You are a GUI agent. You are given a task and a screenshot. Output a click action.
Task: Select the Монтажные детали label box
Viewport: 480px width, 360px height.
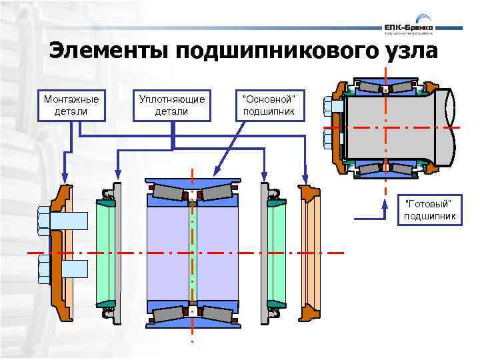(71, 105)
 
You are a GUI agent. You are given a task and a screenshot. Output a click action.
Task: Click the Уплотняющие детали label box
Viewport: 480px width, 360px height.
(171, 105)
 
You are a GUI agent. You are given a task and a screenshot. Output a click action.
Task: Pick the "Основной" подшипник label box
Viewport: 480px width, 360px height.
(269, 105)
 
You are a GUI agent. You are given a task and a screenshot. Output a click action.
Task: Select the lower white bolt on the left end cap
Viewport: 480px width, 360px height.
(63, 269)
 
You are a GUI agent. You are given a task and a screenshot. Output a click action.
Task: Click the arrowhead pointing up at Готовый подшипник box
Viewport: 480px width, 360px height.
(385, 204)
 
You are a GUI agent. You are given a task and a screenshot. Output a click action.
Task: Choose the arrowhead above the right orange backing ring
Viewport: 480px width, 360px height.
(305, 179)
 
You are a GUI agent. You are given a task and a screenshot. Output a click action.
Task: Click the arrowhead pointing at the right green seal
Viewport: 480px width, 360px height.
(265, 179)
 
